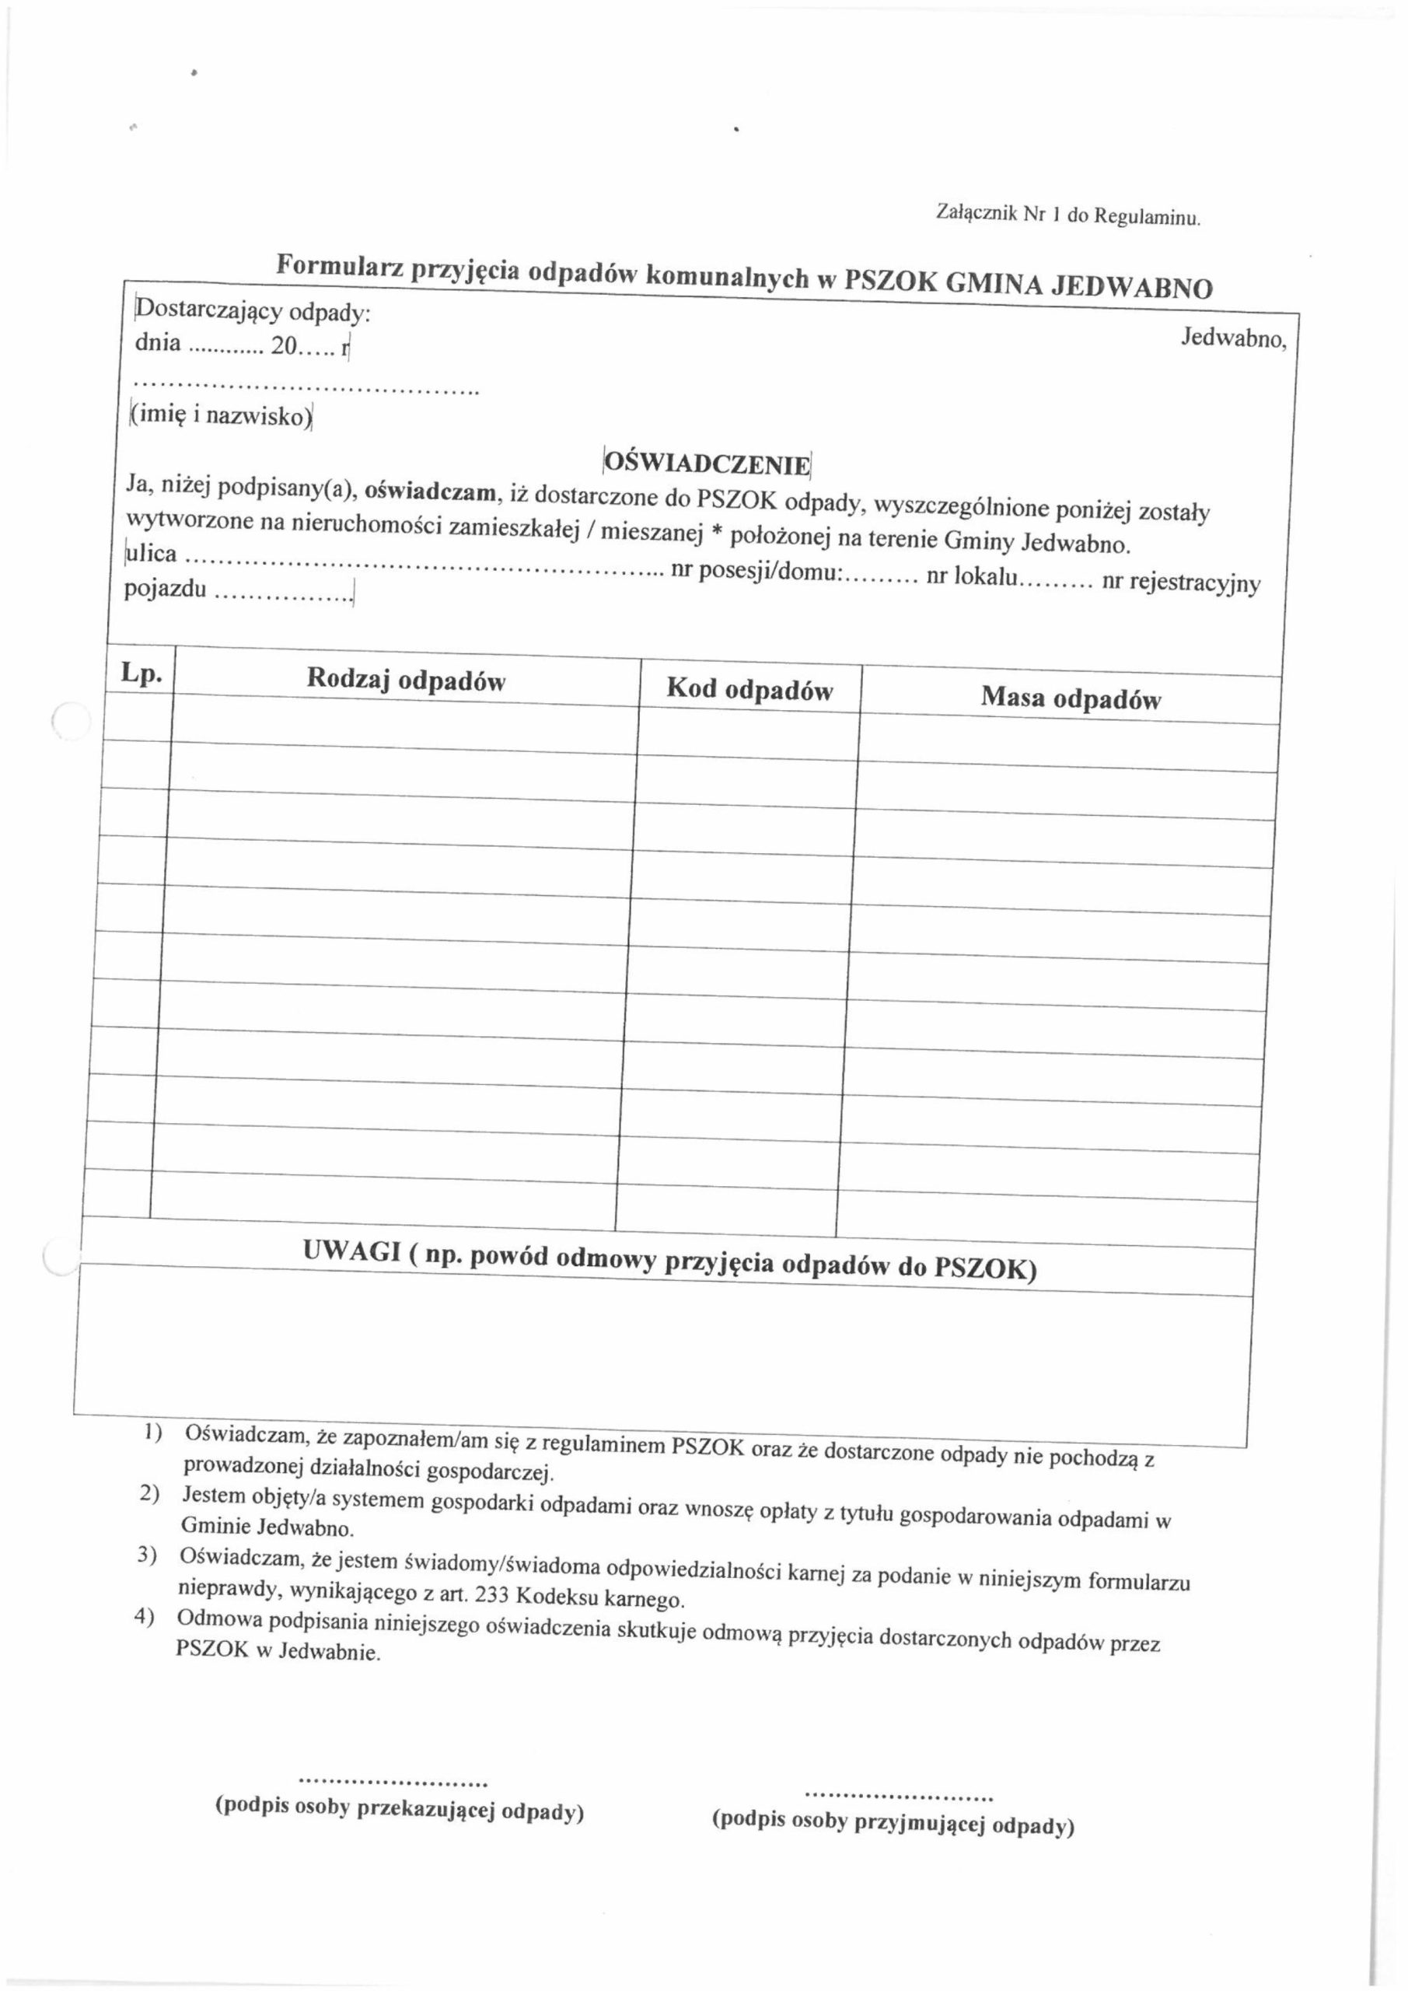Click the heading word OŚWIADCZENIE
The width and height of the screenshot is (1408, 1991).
(707, 463)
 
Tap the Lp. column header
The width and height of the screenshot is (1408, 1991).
(141, 674)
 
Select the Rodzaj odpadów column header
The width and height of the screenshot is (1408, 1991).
(406, 680)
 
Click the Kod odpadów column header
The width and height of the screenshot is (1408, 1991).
(749, 689)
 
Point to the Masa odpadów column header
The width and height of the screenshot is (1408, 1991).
(1070, 698)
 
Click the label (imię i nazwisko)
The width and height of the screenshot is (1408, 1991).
(221, 415)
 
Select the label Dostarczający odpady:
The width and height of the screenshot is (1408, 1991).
(253, 310)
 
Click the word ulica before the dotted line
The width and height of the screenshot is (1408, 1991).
(152, 552)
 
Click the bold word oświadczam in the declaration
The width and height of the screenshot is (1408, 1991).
(430, 491)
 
